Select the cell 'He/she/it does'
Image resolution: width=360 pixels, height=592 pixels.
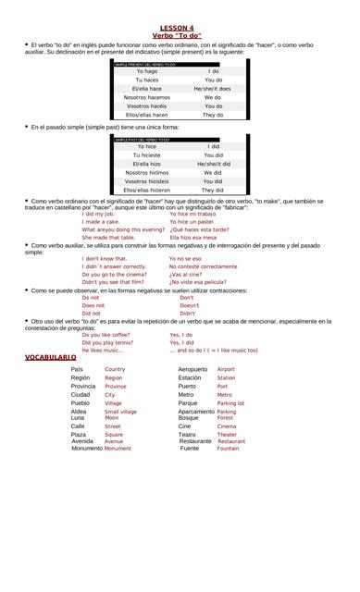pyautogui.click(x=213, y=88)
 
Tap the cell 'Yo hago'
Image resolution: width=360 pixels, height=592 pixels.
pyautogui.click(x=146, y=71)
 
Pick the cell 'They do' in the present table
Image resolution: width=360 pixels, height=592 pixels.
pyautogui.click(x=213, y=115)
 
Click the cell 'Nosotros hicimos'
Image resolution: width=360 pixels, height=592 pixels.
pyautogui.click(x=146, y=172)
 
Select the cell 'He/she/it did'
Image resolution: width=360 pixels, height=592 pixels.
pyautogui.click(x=213, y=164)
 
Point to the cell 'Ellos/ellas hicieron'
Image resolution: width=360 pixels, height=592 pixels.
pyautogui.click(x=146, y=190)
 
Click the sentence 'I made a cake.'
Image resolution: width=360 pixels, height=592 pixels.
pyautogui.click(x=101, y=222)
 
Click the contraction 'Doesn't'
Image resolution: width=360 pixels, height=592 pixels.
pyautogui.click(x=189, y=305)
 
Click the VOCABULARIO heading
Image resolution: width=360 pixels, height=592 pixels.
pyautogui.click(x=51, y=357)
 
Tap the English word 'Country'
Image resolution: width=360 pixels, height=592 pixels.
pyautogui.click(x=115, y=369)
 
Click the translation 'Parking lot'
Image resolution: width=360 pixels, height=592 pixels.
pyautogui.click(x=230, y=403)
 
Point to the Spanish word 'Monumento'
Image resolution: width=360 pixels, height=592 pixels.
pyautogui.click(x=86, y=448)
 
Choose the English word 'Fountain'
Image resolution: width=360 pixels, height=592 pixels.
pyautogui.click(x=228, y=448)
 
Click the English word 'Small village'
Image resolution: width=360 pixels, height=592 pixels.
pyautogui.click(x=120, y=412)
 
